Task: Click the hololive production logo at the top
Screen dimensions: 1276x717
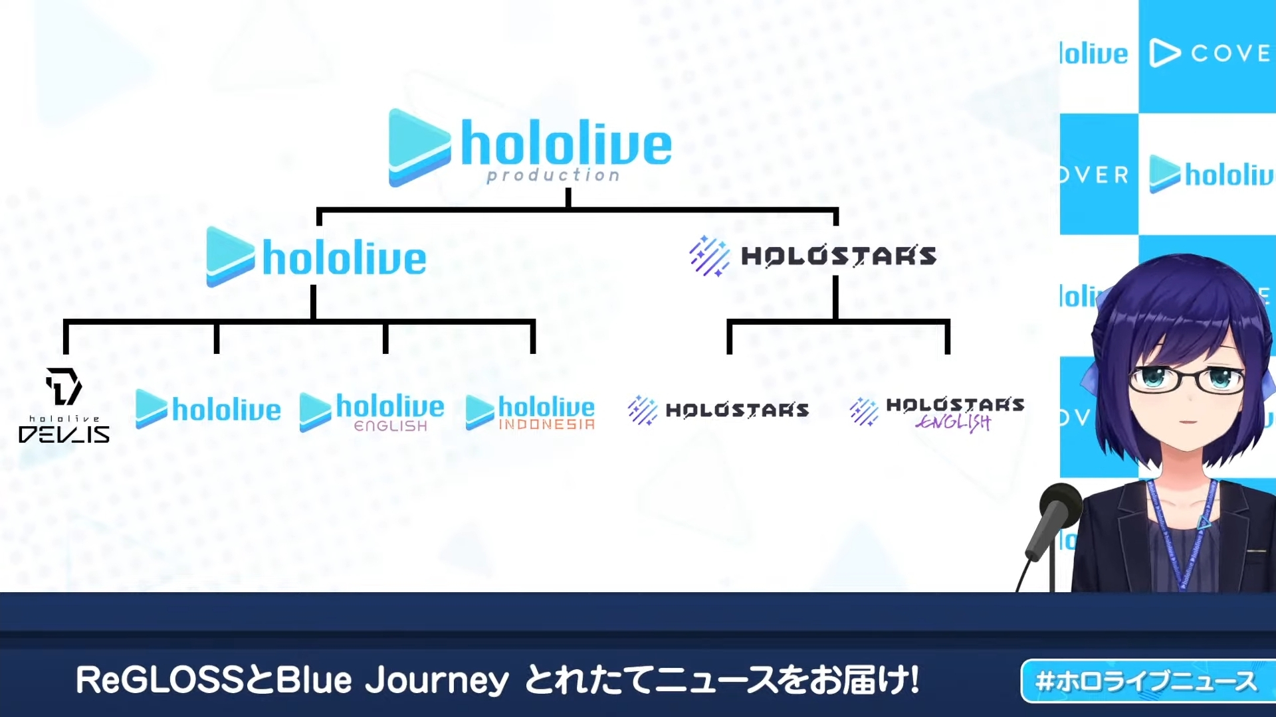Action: (530, 147)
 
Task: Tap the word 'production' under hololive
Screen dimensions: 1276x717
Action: (553, 175)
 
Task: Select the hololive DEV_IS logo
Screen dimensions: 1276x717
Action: (64, 406)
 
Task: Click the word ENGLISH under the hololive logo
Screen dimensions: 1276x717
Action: (391, 426)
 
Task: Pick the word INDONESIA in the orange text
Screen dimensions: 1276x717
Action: (546, 424)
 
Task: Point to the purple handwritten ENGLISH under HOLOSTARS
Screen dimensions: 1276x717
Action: (953, 422)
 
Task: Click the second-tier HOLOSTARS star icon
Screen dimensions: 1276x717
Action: (709, 256)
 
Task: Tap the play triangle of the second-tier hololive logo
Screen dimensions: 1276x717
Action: (230, 257)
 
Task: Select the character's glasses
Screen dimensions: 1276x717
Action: (1188, 378)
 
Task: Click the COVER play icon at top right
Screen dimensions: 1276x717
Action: (1165, 53)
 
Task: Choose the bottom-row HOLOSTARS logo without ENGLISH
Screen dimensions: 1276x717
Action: (718, 410)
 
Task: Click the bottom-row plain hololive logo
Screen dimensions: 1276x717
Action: (208, 409)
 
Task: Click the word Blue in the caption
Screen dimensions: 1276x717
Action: (313, 680)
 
